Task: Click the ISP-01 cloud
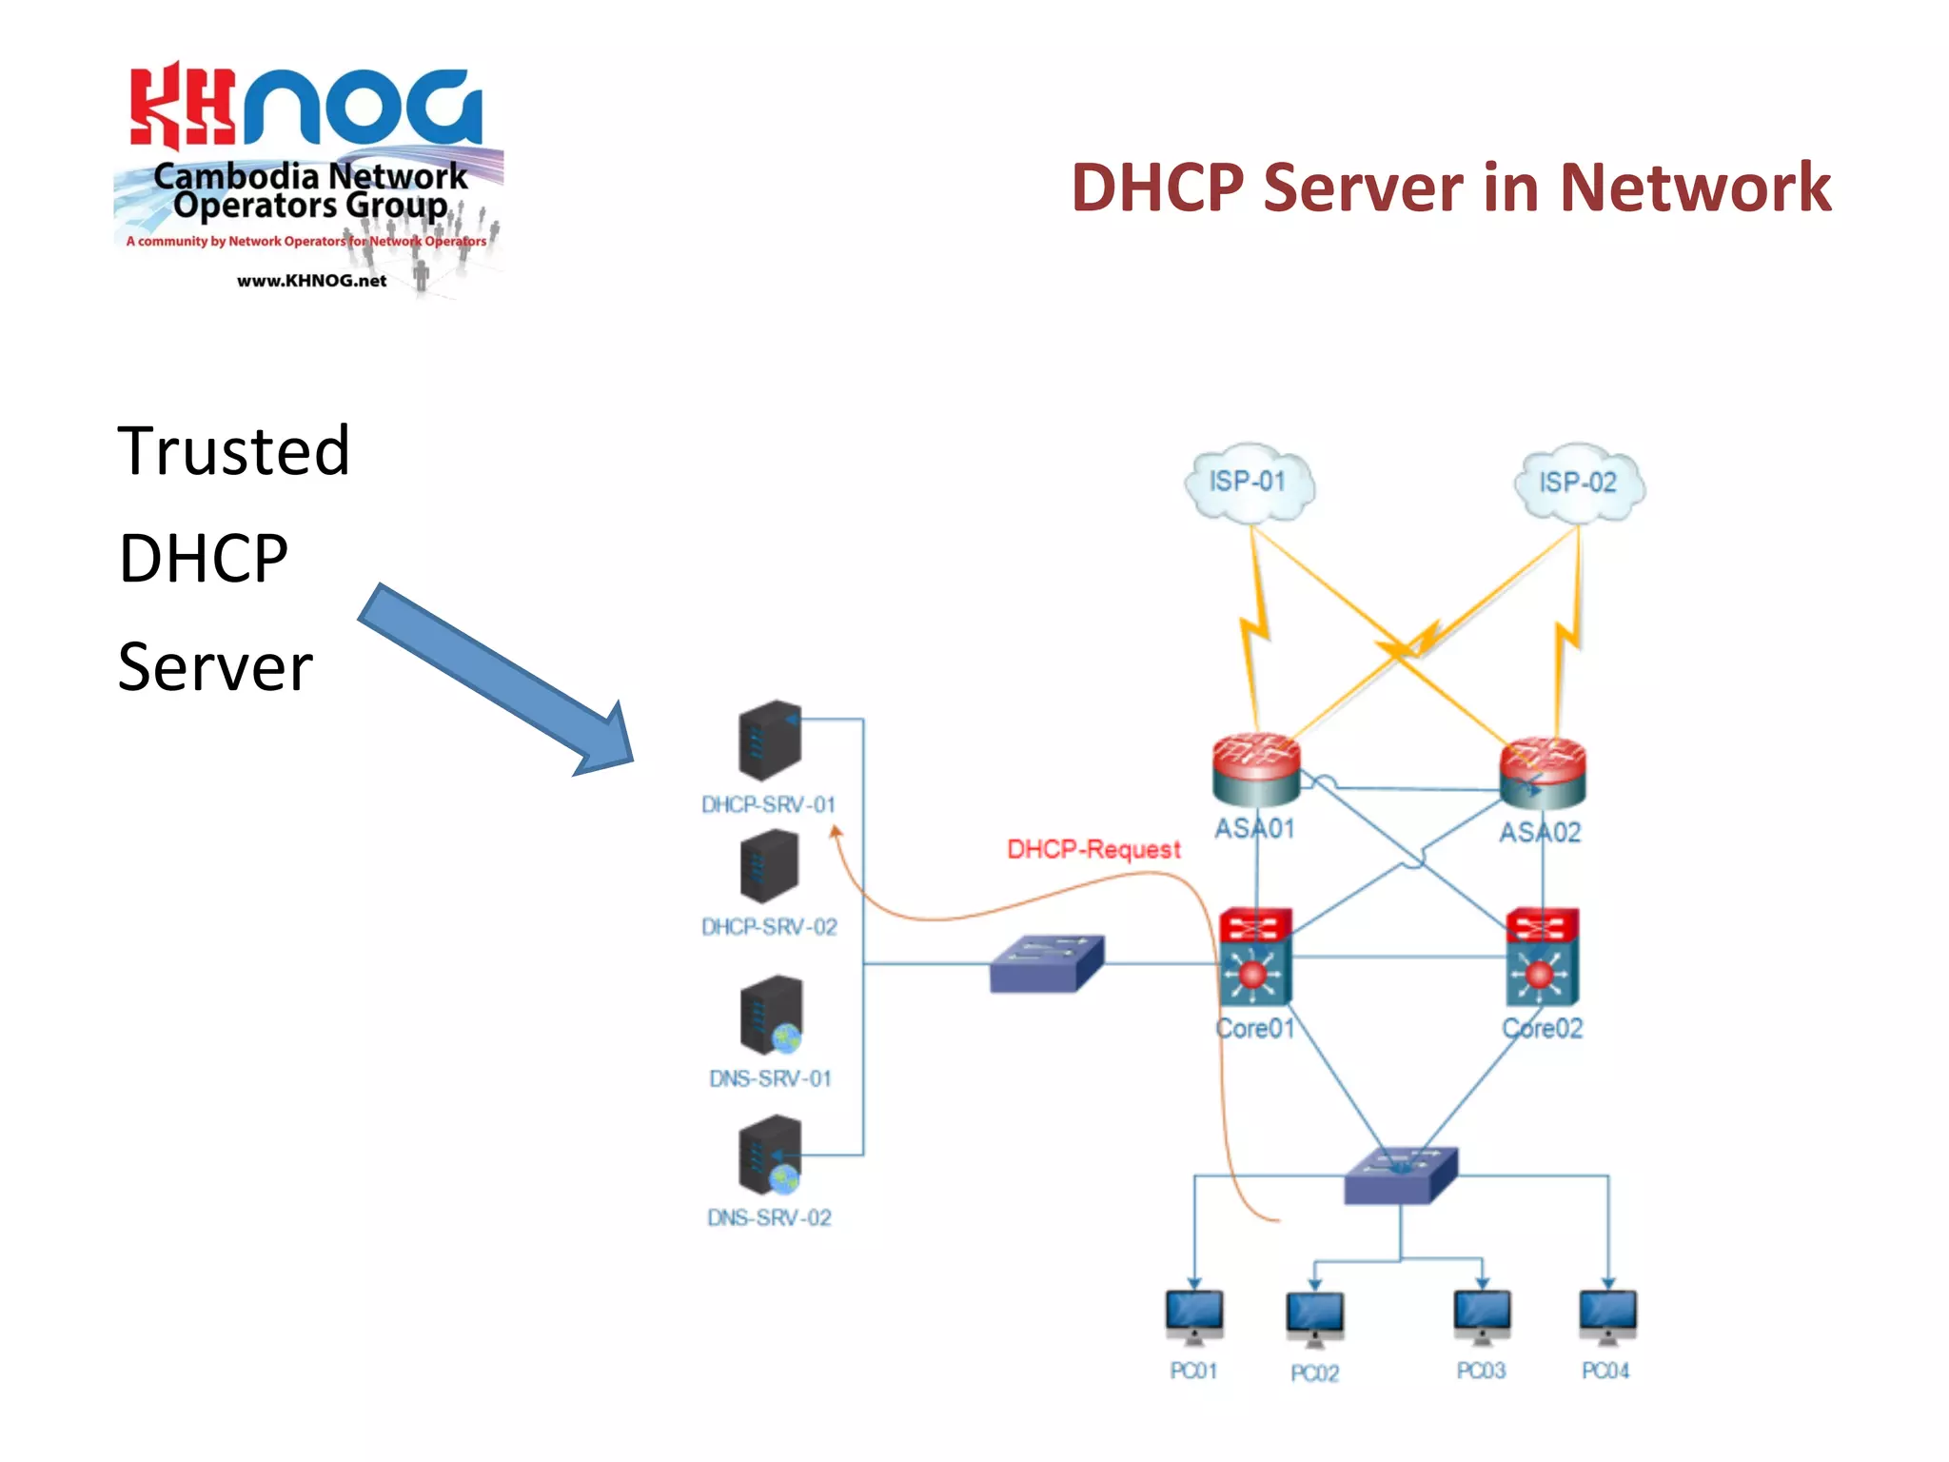click(1249, 483)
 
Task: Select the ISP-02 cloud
click(1579, 483)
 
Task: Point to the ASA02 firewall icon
click(1543, 773)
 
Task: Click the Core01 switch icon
click(1255, 957)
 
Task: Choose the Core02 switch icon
click(1542, 957)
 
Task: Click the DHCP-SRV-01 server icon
click(770, 741)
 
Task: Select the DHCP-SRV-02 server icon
click(769, 866)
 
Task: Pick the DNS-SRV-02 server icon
click(770, 1155)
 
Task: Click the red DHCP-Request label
click(1093, 849)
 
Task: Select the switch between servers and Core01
click(1046, 963)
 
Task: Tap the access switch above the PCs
click(1400, 1176)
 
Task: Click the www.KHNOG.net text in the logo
click(311, 281)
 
